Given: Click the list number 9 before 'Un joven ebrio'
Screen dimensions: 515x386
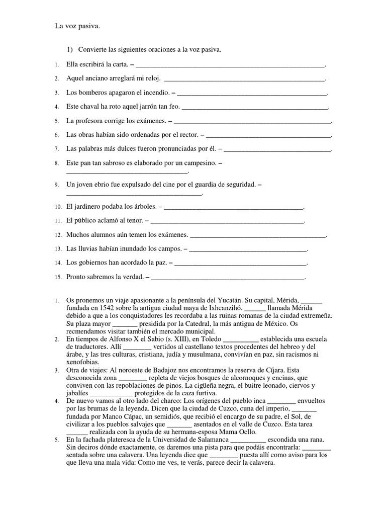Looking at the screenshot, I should pos(57,185).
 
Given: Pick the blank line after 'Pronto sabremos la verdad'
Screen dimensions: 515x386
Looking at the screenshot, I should pos(228,277).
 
